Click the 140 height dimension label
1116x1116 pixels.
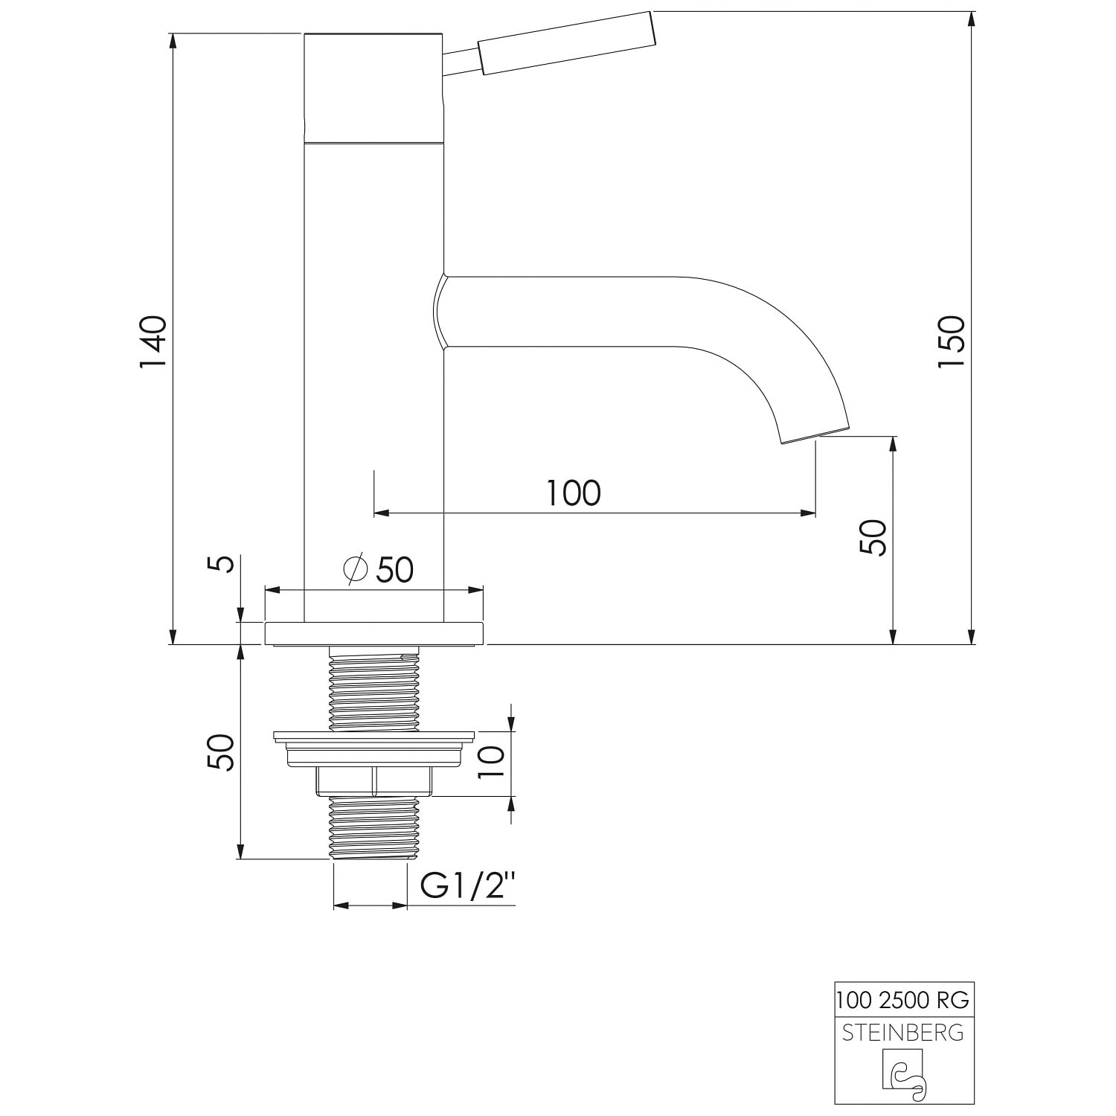click(153, 341)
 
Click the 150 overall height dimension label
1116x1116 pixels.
click(952, 341)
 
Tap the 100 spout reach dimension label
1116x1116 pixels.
click(574, 493)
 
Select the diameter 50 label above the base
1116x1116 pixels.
click(379, 570)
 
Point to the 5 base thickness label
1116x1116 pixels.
click(225, 563)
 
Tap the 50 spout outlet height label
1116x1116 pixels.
click(873, 537)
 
